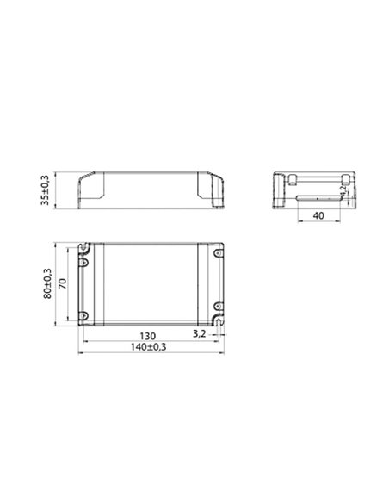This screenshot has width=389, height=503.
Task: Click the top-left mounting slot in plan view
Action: (x=85, y=246)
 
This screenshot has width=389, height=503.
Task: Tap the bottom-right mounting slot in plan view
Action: (x=220, y=320)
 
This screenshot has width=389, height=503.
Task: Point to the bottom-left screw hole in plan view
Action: (x=84, y=314)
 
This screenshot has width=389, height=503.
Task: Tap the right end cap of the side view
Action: (x=213, y=189)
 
